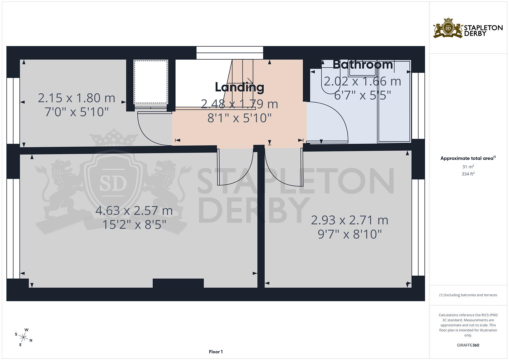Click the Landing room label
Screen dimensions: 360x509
tap(239, 87)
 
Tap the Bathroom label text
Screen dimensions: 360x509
tap(363, 64)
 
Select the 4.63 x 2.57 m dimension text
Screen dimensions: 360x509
tap(134, 211)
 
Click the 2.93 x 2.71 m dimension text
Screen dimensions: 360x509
tap(349, 220)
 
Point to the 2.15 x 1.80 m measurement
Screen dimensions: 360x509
tap(76, 98)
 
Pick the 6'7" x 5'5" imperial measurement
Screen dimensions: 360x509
tap(362, 96)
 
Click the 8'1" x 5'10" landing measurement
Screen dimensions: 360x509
tap(239, 118)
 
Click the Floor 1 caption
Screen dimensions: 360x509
tap(216, 352)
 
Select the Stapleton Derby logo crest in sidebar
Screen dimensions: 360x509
tap(448, 28)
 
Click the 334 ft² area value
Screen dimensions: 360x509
tap(468, 174)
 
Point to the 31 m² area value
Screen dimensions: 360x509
tap(468, 167)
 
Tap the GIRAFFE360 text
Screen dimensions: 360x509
tap(468, 345)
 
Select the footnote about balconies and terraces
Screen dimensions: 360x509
tap(468, 295)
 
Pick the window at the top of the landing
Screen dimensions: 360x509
tap(230, 53)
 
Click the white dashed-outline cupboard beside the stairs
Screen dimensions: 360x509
tap(151, 82)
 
